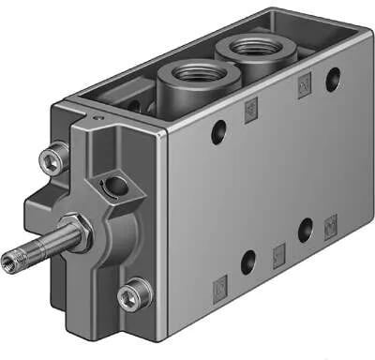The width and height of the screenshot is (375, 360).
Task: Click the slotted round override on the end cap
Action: pos(116,186)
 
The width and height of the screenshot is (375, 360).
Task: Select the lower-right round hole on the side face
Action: pos(306,227)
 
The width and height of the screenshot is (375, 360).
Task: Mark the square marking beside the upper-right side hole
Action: pos(304,86)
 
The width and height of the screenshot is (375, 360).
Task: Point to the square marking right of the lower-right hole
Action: pos(330,225)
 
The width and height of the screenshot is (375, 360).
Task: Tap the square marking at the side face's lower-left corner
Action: pos(219,284)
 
